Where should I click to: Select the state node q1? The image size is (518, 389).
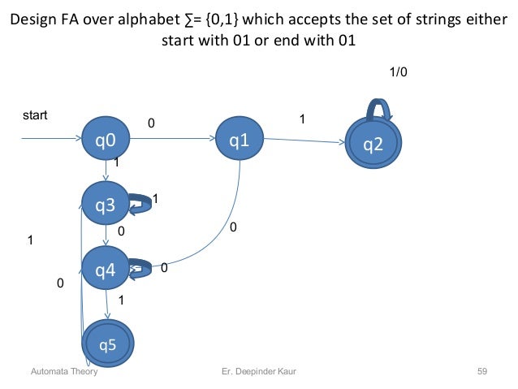(x=239, y=140)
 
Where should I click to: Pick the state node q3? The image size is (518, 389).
(x=106, y=206)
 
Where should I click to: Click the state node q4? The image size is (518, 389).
(x=106, y=269)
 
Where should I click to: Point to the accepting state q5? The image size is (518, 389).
(x=108, y=344)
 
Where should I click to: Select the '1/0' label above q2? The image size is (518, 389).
(x=399, y=71)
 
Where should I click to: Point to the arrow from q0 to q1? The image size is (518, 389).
(x=171, y=140)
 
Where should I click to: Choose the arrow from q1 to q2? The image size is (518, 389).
(x=304, y=142)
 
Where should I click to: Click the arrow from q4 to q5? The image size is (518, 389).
(x=107, y=304)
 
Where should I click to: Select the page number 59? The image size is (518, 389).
(x=481, y=371)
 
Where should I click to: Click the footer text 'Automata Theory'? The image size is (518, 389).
(x=63, y=371)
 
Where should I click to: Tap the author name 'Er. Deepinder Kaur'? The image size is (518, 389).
(x=260, y=371)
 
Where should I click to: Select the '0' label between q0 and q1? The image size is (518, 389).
(x=150, y=123)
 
